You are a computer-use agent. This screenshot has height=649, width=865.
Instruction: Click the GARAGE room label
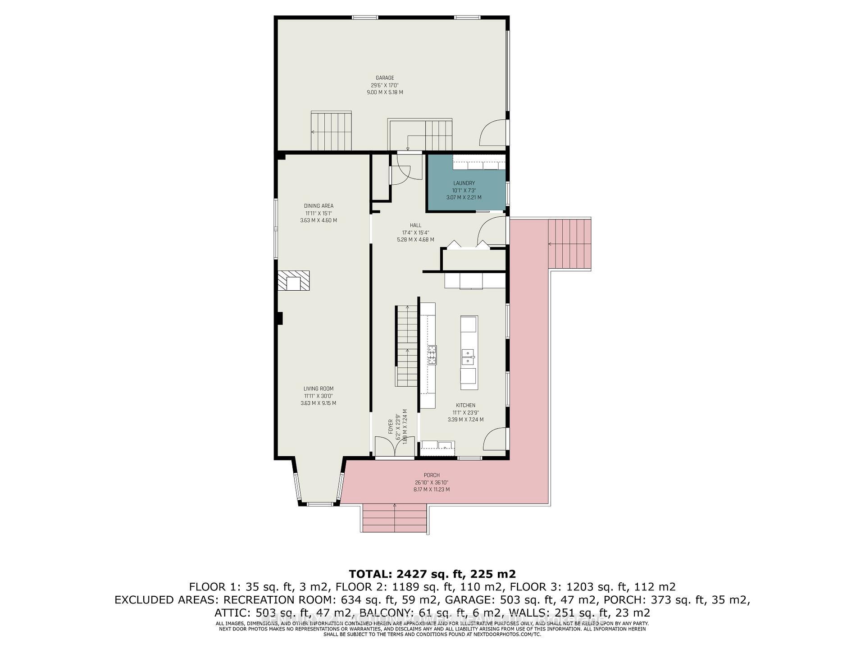385,78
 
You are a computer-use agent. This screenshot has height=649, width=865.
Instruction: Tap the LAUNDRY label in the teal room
464,183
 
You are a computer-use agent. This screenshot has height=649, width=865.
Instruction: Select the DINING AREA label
319,206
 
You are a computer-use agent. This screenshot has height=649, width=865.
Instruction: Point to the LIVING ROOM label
318,388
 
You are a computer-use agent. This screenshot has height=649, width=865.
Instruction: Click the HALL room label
415,225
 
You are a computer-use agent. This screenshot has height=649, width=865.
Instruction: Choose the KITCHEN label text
465,405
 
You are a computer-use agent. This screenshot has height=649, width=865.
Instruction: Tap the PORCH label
431,475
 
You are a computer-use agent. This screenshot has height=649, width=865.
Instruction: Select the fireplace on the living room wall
294,281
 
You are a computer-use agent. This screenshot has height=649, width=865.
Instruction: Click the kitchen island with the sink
469,352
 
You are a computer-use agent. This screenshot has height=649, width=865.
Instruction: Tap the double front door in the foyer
395,448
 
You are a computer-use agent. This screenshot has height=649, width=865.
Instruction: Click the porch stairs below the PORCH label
395,518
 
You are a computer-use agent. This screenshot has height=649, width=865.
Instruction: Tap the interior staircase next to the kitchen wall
407,345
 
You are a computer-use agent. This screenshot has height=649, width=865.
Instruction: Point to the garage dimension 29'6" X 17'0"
385,85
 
